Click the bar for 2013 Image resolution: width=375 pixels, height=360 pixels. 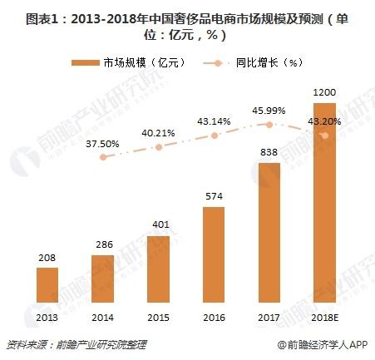pyautogui.click(x=47, y=284)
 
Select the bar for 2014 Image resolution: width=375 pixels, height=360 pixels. pyautogui.click(x=102, y=279)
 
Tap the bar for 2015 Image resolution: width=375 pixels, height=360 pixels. pyautogui.click(x=158, y=269)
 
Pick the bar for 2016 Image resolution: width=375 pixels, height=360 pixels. pyautogui.click(x=214, y=254)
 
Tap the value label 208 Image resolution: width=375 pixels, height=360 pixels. pyautogui.click(x=47, y=259)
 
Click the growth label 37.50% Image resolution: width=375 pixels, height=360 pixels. pyautogui.click(x=103, y=143)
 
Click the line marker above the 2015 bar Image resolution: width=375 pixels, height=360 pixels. pyautogui.click(x=158, y=147)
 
